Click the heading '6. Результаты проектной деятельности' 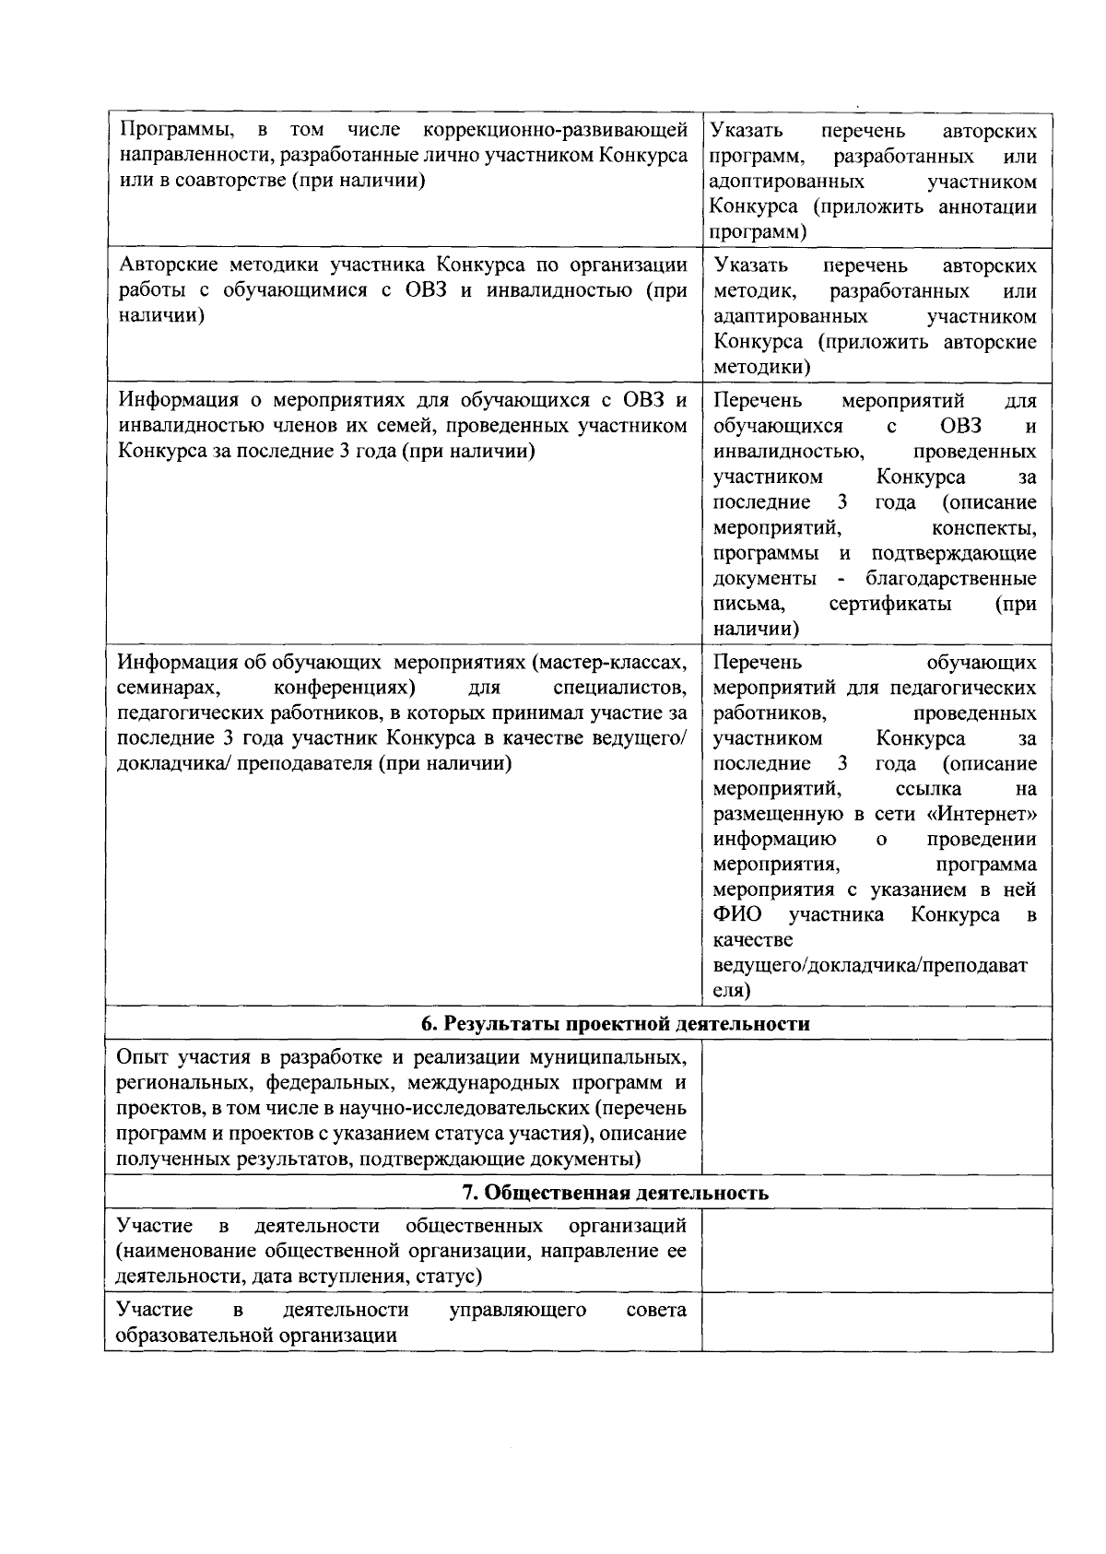(x=615, y=1024)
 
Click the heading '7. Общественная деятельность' (x=615, y=1193)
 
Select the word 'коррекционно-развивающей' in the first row (x=549, y=129)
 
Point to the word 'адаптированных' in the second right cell (x=790, y=316)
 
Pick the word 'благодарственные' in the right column (x=950, y=579)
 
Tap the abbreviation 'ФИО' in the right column (x=735, y=915)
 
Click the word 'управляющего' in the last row (x=517, y=1310)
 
